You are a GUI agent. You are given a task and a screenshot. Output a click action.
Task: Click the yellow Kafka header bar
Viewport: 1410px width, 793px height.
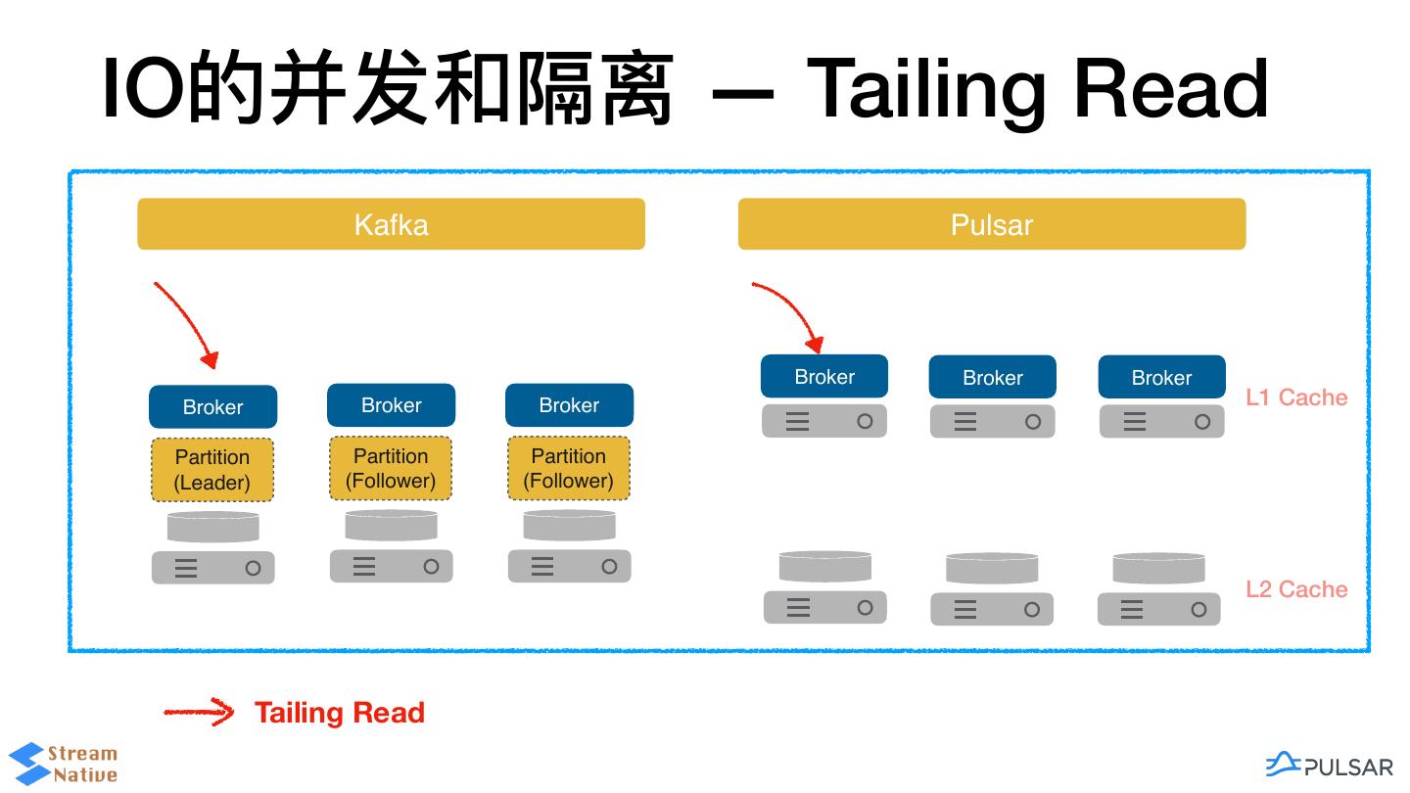tap(391, 224)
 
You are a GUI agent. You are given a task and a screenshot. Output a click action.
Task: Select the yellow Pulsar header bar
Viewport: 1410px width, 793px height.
tap(991, 224)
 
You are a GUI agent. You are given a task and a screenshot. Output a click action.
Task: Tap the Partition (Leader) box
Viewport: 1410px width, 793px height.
tap(212, 470)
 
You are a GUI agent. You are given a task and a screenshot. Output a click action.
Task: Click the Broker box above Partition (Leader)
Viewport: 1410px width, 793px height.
tap(212, 406)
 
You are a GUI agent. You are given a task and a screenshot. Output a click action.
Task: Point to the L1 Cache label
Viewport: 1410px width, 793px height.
tap(1296, 397)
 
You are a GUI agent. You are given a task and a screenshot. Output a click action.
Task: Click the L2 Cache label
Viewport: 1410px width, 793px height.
tap(1296, 589)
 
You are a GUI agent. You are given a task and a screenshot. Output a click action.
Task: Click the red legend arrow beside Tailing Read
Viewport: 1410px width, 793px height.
tap(199, 712)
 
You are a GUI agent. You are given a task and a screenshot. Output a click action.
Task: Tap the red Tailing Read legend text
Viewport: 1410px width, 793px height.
tap(340, 713)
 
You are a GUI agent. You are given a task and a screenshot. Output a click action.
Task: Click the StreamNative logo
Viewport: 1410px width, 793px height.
tap(63, 764)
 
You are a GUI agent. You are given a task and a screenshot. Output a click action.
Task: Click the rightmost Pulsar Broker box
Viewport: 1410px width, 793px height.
tap(1161, 377)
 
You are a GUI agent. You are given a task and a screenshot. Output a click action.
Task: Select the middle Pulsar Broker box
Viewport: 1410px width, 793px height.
tap(993, 377)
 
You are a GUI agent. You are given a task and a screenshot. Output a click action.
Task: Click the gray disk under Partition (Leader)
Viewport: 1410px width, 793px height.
tap(212, 527)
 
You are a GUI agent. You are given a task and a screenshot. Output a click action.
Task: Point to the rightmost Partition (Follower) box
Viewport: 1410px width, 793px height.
tap(568, 468)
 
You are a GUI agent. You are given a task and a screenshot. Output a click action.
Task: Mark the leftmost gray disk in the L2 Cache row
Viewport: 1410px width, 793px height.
tap(825, 567)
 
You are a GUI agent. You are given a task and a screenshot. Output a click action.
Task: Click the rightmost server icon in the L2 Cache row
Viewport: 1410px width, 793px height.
tap(1159, 609)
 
